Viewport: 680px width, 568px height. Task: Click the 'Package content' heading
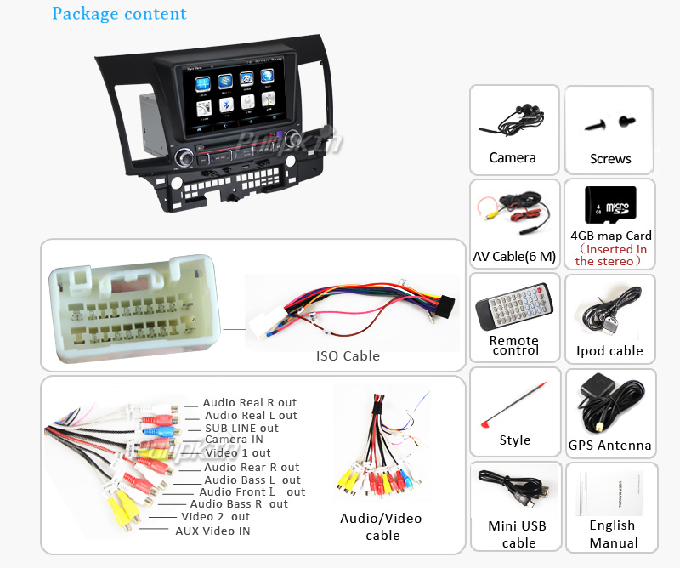(x=119, y=14)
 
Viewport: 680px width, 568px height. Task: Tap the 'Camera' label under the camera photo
(x=512, y=157)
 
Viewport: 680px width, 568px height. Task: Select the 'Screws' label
(x=610, y=159)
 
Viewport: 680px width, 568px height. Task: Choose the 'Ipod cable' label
(x=609, y=351)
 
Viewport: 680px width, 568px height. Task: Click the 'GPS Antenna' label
(x=610, y=446)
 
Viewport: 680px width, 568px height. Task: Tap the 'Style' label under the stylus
(x=515, y=440)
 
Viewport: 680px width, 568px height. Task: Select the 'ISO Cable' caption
(x=348, y=356)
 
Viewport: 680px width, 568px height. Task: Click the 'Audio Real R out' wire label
(x=250, y=403)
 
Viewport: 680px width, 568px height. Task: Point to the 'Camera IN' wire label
(x=234, y=440)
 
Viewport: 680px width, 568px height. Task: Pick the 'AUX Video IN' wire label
(x=212, y=531)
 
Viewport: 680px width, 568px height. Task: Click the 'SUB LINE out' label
(x=241, y=429)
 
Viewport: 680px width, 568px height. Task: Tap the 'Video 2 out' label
(x=215, y=517)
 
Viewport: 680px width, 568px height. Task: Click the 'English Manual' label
(x=612, y=534)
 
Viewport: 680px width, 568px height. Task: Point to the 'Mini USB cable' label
(x=517, y=534)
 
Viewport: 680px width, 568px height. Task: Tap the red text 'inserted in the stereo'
(x=610, y=255)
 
